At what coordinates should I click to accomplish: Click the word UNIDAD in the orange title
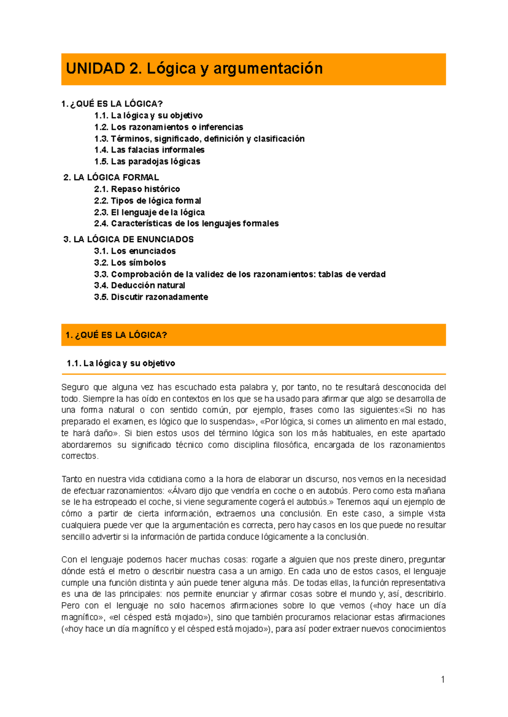95,69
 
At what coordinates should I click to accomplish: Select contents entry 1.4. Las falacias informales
149,150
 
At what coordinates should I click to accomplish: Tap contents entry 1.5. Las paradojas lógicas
147,161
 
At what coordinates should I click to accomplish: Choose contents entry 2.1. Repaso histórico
137,189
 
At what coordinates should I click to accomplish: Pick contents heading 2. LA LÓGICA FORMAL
111,177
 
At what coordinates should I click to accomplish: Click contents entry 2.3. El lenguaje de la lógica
149,212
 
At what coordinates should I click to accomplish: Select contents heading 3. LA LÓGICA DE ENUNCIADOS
128,239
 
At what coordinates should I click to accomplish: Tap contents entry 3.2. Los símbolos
130,262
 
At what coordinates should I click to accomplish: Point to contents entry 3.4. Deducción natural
139,285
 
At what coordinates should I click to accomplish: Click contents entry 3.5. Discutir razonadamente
151,297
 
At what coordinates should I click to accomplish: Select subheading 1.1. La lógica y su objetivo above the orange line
121,363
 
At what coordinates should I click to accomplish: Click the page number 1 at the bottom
443,680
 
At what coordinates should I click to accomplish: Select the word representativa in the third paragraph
418,583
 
